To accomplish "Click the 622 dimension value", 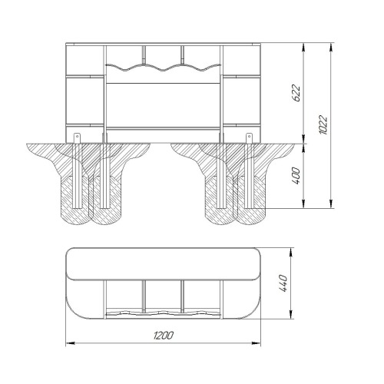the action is pyautogui.click(x=296, y=93).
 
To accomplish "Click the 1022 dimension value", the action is pyautogui.click(x=323, y=125).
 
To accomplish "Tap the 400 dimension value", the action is pyautogui.click(x=296, y=176).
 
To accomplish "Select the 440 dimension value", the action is pyautogui.click(x=283, y=283).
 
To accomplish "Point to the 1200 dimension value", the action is pyautogui.click(x=164, y=336).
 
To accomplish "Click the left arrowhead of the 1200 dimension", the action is pyautogui.click(x=70, y=343).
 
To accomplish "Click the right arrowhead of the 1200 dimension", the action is pyautogui.click(x=256, y=343).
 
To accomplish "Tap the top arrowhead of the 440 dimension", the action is pyautogui.click(x=291, y=252).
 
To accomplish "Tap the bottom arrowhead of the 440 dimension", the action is pyautogui.click(x=291, y=315).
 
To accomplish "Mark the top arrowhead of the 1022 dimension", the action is pyautogui.click(x=331, y=47).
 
